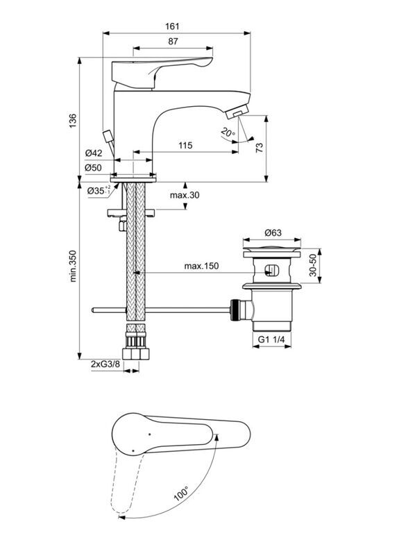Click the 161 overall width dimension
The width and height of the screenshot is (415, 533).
(172, 26)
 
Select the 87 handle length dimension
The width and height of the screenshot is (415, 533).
(173, 42)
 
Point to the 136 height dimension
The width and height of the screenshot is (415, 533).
(73, 121)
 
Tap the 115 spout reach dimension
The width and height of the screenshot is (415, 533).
(185, 146)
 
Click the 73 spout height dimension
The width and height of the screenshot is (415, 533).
(260, 148)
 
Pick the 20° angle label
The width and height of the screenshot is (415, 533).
(228, 132)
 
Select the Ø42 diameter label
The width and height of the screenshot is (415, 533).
(94, 153)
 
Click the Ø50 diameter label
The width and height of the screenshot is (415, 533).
(94, 167)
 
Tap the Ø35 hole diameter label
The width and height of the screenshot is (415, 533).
(99, 190)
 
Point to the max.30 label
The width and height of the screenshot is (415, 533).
(185, 195)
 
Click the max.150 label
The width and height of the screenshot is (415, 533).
(201, 266)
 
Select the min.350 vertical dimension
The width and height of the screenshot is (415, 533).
(73, 266)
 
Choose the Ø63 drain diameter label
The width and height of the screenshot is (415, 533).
(273, 232)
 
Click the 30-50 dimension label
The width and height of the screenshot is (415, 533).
(313, 266)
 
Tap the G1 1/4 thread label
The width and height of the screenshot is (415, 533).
(271, 339)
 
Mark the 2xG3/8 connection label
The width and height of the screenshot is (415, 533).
(105, 364)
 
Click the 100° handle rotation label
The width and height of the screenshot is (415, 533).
(181, 493)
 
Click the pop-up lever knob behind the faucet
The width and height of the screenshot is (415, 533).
(108, 136)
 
